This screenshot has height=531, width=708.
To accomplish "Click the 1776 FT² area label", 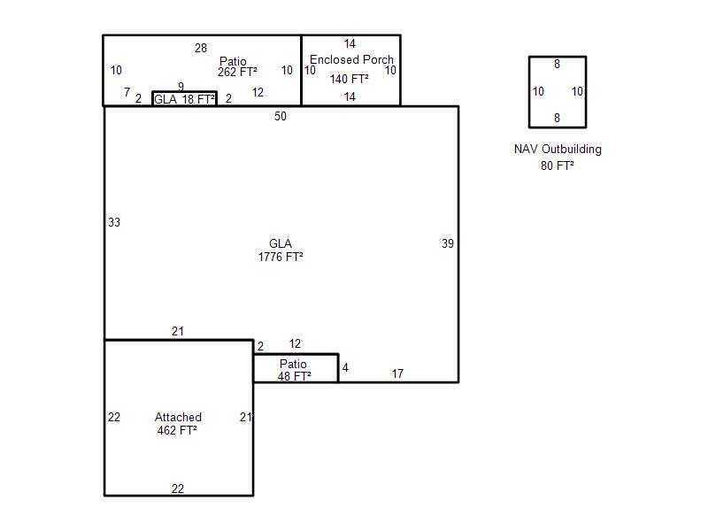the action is [281, 257].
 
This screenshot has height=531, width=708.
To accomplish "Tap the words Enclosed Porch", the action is [351, 59].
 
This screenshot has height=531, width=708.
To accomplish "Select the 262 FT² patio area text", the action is [237, 73].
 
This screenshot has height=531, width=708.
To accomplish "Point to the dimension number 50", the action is [281, 117].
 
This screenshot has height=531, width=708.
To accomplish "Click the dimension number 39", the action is [448, 244].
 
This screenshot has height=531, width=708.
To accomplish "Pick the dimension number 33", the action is [114, 223].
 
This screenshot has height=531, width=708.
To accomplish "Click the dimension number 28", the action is [201, 49].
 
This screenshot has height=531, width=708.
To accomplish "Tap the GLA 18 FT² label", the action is [184, 99].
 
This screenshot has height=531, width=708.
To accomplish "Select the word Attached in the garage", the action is [178, 417].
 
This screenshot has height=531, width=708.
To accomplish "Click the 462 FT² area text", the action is [177, 431].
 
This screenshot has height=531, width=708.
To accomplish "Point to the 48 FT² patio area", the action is [295, 377].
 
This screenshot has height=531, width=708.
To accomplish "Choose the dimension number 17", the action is [397, 373].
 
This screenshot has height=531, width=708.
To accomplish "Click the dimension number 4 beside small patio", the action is [345, 368].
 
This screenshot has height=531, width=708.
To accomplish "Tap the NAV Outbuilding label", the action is [558, 150].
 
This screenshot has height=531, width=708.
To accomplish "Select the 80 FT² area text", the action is [558, 166].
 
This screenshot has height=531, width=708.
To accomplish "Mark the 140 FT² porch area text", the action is [349, 80].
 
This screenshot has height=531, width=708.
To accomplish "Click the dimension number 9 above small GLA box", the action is [181, 86].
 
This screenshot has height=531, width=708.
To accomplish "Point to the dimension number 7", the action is [127, 93].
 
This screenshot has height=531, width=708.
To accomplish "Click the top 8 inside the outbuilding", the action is [558, 65].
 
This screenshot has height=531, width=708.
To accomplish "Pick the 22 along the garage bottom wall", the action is [178, 489].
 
